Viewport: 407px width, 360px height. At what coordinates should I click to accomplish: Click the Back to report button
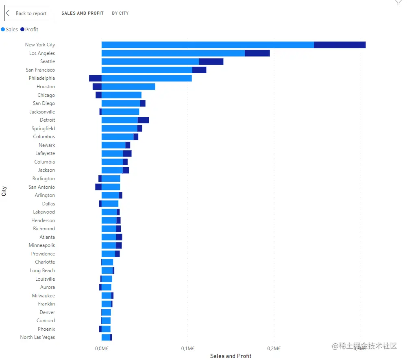pos(27,13)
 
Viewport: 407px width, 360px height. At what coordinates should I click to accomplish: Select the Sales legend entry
pos(10,29)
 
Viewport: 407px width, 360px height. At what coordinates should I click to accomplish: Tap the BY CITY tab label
pos(120,13)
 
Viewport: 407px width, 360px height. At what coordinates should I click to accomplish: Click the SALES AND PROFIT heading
pos(83,13)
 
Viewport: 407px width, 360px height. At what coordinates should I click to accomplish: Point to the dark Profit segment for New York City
pos(340,45)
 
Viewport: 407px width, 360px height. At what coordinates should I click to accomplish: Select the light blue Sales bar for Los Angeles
pos(173,53)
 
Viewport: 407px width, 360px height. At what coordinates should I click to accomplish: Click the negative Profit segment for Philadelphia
pos(95,78)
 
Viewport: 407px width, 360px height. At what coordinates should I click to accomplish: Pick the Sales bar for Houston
pos(128,87)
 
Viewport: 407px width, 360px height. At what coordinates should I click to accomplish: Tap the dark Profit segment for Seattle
pos(211,61)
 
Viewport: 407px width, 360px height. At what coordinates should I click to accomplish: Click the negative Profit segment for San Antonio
pos(98,187)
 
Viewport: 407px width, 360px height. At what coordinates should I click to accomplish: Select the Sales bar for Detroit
pos(120,120)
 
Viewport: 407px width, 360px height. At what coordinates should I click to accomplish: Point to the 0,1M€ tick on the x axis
pos(187,348)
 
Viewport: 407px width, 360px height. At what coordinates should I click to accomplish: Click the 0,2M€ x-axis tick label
pos(274,348)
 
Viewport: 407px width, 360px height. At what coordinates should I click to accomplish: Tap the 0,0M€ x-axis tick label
pos(102,348)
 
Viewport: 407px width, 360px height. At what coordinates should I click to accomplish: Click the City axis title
pos(4,191)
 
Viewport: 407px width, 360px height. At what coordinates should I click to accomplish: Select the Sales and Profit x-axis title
pos(231,356)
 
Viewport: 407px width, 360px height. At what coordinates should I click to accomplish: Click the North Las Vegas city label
pos(37,337)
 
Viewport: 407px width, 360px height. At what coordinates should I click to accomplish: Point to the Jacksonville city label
pos(42,112)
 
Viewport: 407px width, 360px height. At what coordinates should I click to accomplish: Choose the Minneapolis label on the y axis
pos(42,245)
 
